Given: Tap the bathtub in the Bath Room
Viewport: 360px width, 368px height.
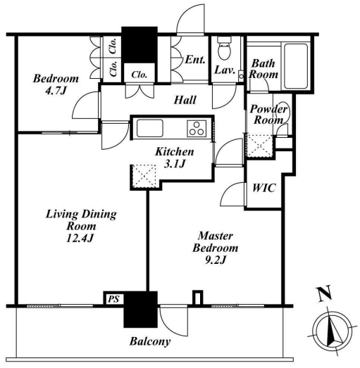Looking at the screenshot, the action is (296, 66).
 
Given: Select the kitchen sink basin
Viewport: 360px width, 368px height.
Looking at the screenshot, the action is (150, 128).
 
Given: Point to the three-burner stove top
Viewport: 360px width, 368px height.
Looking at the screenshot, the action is (197, 128).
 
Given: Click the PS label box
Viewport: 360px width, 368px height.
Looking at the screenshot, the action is (113, 299).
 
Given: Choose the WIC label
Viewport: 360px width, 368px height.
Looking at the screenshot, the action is (263, 188).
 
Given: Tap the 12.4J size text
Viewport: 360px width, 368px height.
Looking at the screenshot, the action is (80, 239).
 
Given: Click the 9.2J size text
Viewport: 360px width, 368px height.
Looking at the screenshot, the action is (216, 260).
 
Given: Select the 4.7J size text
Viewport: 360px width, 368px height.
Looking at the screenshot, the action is (56, 91).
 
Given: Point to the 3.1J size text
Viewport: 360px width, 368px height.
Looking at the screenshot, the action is (175, 164).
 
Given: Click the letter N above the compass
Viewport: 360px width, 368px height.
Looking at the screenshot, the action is (325, 293).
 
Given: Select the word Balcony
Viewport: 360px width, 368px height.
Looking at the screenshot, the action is (150, 341).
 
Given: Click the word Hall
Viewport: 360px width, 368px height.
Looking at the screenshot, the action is (185, 100).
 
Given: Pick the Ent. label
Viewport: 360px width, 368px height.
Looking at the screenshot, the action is (195, 60).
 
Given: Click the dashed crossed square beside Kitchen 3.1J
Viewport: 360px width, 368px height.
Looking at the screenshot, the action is (144, 176).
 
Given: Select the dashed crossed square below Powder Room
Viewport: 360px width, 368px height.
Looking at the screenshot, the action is (259, 146).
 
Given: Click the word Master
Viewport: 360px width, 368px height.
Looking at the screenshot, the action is (216, 236).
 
